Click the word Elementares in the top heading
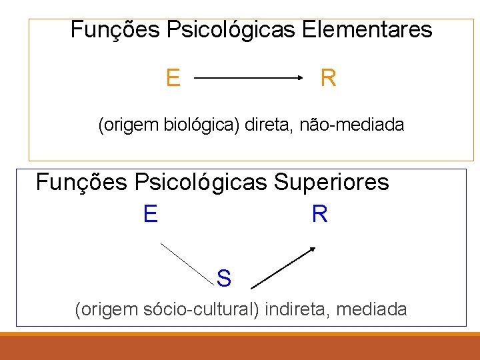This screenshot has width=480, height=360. click(367, 30)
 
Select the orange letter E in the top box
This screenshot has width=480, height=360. click(173, 79)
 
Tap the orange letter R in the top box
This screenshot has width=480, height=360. click(328, 79)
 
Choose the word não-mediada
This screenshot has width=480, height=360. click(351, 125)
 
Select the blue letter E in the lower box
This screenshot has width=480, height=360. click(150, 214)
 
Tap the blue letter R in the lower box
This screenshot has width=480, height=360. click(319, 214)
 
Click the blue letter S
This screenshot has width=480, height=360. click(224, 279)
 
